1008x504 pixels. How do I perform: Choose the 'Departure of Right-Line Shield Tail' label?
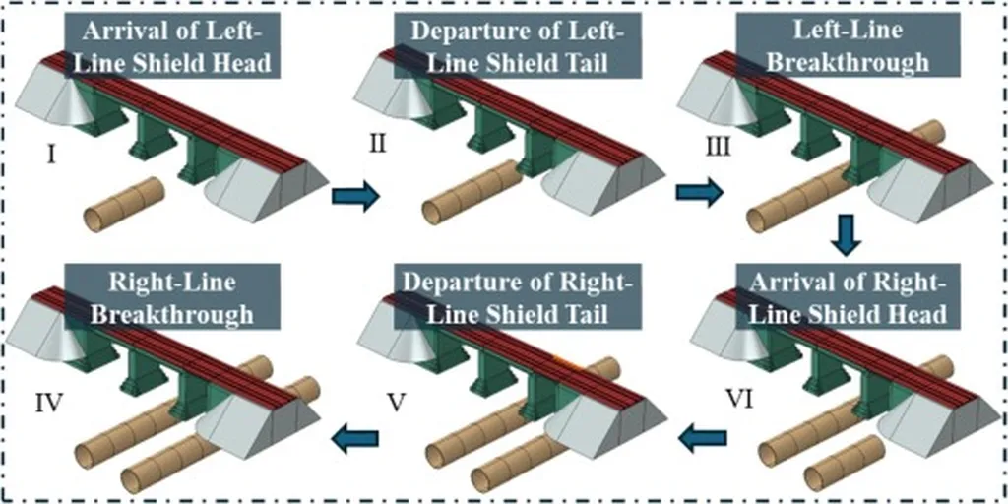click(518, 299)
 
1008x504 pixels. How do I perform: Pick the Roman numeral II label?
click(376, 145)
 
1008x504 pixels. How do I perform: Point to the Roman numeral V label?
click(396, 402)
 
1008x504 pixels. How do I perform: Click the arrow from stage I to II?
click(354, 196)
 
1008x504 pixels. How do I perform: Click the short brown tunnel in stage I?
click(123, 205)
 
